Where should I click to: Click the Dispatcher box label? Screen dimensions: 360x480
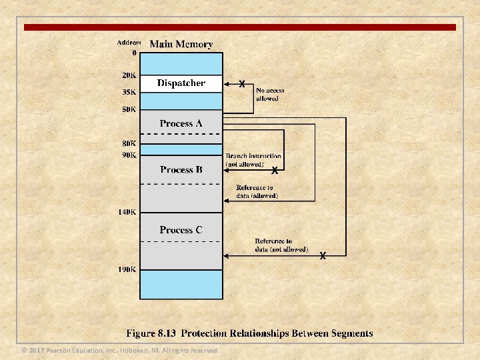[x=181, y=83]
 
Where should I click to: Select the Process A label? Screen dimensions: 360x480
[x=181, y=123]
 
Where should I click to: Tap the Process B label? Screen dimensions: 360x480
[x=181, y=169]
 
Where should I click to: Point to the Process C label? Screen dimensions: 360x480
[x=181, y=230]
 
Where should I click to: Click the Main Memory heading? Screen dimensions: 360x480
[x=181, y=45]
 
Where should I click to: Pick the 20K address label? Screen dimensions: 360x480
[x=129, y=75]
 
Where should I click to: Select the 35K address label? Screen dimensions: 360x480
[x=129, y=92]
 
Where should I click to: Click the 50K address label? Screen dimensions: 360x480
[x=129, y=109]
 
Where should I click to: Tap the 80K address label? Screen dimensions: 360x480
[x=129, y=143]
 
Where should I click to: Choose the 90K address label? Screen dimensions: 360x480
[x=129, y=155]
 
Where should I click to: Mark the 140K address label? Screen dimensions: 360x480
[x=127, y=212]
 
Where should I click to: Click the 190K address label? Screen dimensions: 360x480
[x=127, y=269]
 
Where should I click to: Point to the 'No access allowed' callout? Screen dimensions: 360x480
[x=270, y=94]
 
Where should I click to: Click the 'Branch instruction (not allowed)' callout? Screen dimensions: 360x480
[x=253, y=160]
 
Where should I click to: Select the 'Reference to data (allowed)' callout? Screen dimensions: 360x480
[x=257, y=192]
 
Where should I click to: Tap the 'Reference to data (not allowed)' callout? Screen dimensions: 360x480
[x=281, y=245]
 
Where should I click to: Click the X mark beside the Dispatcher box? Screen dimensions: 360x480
[x=242, y=84]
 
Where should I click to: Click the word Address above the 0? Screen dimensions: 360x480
[x=129, y=42]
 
